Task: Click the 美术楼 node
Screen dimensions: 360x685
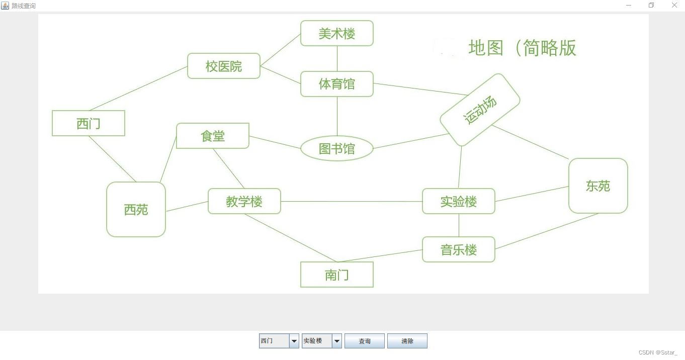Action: coord(337,33)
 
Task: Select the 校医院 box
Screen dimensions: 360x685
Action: coord(224,66)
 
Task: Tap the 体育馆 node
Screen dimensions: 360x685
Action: coord(337,84)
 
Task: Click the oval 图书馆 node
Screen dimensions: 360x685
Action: coord(337,149)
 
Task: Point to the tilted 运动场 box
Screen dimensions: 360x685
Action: coord(480,110)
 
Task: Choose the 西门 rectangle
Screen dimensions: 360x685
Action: coord(89,123)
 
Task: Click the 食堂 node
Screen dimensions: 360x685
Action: coord(213,136)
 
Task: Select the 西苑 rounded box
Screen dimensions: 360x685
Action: coord(136,209)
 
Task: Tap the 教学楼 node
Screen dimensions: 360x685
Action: coord(244,201)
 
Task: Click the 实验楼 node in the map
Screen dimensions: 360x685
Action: coord(459,201)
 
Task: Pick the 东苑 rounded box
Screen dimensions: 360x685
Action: coord(598,186)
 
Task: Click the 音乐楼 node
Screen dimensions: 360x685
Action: coord(459,249)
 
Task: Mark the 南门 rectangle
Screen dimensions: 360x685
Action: coord(337,275)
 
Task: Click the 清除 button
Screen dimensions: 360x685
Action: coord(407,341)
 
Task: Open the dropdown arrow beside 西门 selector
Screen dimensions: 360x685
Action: coord(294,341)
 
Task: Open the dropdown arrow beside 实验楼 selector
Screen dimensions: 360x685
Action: coord(337,341)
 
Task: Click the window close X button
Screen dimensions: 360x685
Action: coord(674,5)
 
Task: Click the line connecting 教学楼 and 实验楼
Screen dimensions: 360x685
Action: coord(352,201)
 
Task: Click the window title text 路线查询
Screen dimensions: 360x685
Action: coord(24,6)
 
